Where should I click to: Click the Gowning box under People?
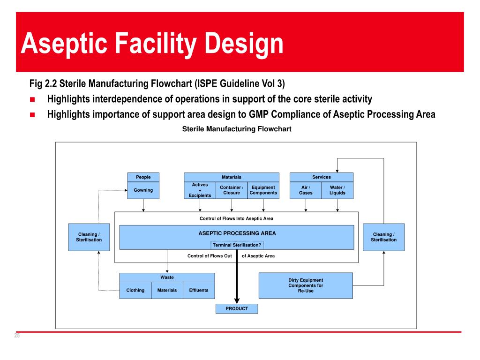point(143,190)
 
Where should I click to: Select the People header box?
point(143,177)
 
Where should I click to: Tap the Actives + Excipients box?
point(200,190)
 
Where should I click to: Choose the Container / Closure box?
point(232,190)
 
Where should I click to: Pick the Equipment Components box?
point(263,190)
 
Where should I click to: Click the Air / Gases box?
point(306,190)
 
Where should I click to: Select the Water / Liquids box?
point(337,190)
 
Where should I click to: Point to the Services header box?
point(322,177)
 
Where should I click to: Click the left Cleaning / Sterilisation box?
point(89,237)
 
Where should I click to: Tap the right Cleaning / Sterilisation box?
point(383,237)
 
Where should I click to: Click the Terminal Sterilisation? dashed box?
point(237,245)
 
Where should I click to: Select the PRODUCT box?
point(237,309)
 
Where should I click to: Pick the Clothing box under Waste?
point(135,290)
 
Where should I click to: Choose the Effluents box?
point(199,290)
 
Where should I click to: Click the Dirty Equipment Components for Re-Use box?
point(306,285)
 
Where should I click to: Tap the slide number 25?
point(17,336)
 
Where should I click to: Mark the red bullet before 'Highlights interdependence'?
point(32,99)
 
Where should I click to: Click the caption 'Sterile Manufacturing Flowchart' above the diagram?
point(237,129)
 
